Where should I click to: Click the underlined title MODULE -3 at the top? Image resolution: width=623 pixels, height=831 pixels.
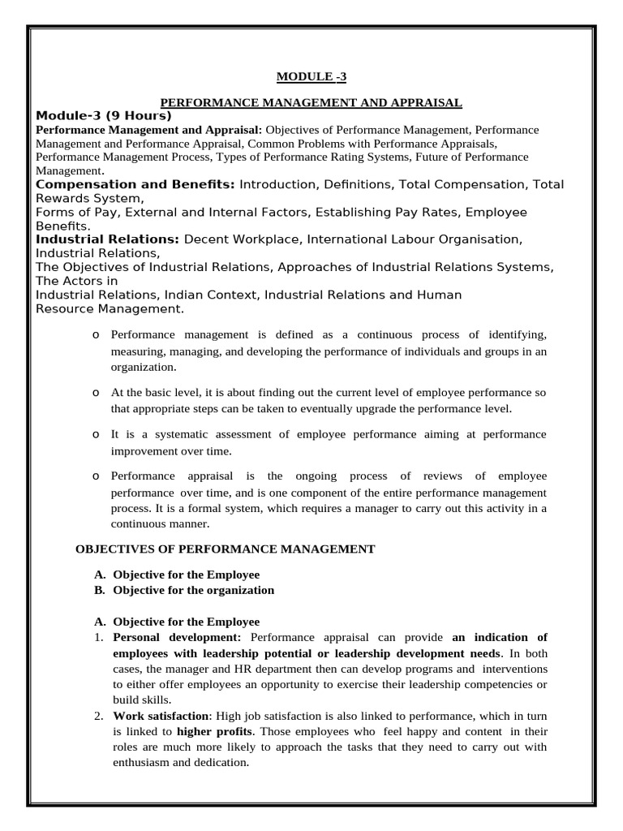(311, 77)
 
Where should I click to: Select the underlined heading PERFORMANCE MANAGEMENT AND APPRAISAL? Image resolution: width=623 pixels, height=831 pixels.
(311, 102)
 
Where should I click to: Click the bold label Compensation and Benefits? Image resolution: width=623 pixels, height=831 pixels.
(135, 185)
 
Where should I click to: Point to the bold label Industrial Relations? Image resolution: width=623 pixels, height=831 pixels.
(108, 239)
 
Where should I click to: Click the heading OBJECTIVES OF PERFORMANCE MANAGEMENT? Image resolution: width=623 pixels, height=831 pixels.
(225, 549)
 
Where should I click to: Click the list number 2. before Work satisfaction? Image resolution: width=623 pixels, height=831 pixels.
(98, 716)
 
